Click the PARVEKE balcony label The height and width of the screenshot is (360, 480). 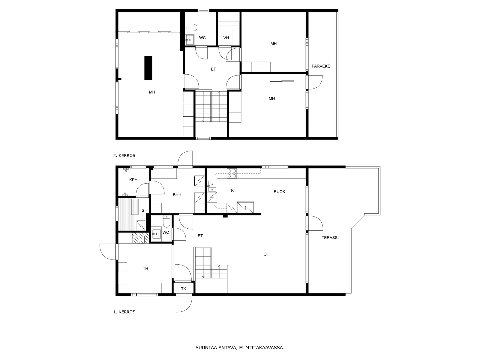tap(321, 66)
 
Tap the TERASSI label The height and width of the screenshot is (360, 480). tap(330, 238)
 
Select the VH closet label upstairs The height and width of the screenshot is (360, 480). tap(226, 38)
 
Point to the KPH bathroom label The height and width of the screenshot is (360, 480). tap(133, 180)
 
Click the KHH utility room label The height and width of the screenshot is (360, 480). tap(177, 194)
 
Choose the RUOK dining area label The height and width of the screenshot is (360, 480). tap(279, 192)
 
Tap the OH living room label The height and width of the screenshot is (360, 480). tap(266, 254)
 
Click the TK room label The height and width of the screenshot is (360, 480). tap(184, 289)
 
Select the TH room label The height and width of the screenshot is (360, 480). tap(145, 268)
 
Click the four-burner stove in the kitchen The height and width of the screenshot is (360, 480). tap(232, 173)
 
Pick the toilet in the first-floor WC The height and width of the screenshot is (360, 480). tap(166, 221)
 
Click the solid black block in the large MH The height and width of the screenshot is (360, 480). tap(148, 68)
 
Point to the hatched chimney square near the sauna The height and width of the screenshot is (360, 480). tap(141, 238)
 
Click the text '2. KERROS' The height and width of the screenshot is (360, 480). tap(124, 156)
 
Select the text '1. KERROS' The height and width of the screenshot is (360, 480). tap(124, 312)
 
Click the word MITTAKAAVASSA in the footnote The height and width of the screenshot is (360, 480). tap(265, 347)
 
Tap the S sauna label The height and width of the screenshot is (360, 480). tap(143, 211)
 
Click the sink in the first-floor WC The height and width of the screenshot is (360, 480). tap(156, 234)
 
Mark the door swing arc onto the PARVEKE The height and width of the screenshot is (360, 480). tap(318, 85)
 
